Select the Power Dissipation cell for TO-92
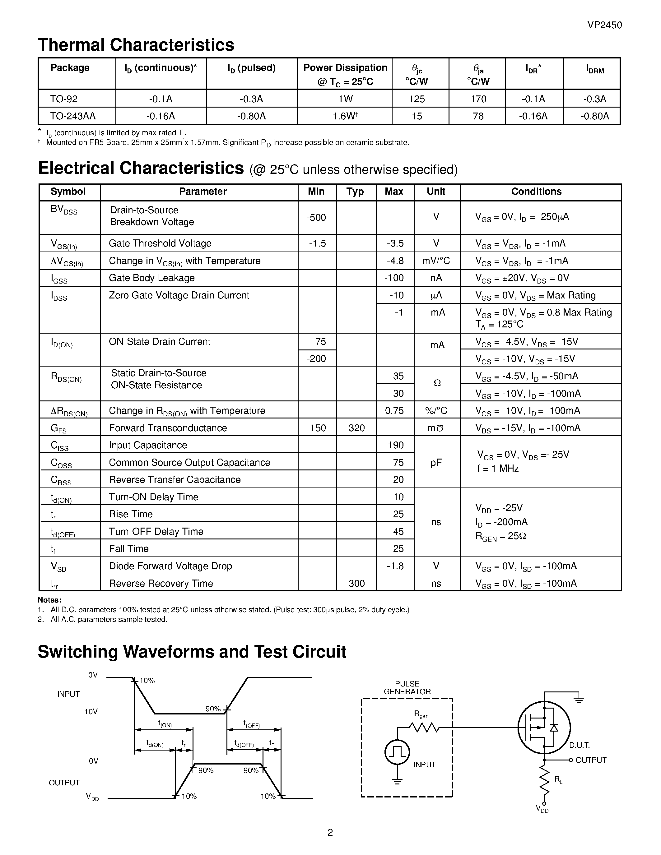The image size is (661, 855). tap(345, 99)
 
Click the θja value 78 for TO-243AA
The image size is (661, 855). tap(478, 116)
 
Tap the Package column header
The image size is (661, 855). tap(70, 68)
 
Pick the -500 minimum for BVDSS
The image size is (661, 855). tap(316, 218)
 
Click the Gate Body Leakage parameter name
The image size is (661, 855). tap(151, 278)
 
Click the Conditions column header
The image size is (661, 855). tap(536, 192)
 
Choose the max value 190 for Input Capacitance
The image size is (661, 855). tap(395, 445)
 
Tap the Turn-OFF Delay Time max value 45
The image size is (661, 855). tap(398, 531)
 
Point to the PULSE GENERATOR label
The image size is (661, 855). tap(407, 688)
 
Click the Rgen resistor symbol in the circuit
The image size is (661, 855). tap(424, 728)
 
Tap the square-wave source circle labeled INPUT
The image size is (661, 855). tap(397, 752)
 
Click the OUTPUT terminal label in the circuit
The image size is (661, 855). tap(590, 760)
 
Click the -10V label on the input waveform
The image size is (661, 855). tap(89, 712)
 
